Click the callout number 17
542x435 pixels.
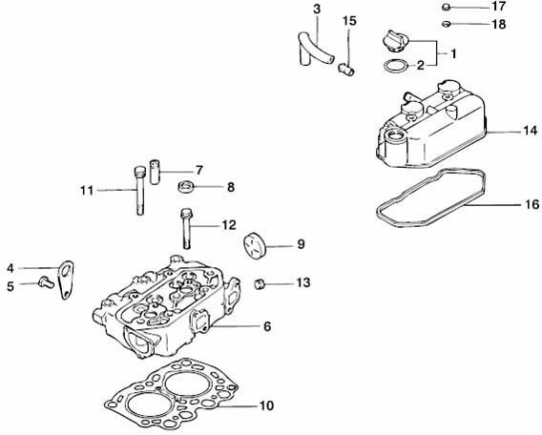(x=498, y=7)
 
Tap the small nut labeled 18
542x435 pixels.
(x=447, y=24)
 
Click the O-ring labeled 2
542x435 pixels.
(x=395, y=66)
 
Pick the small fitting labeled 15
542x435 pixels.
(x=346, y=68)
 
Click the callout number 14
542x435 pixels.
(x=531, y=131)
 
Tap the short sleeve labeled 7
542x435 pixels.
(x=155, y=172)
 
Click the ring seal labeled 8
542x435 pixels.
(x=185, y=187)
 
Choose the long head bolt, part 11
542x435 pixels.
(x=139, y=191)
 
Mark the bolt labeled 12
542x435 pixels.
(x=186, y=228)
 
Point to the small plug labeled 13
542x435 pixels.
(x=260, y=284)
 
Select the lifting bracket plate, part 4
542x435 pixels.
(x=65, y=280)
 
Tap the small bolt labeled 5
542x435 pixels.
(x=46, y=283)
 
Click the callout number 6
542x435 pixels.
(x=267, y=326)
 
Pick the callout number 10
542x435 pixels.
(x=266, y=405)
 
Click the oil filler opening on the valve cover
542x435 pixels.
(x=394, y=135)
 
